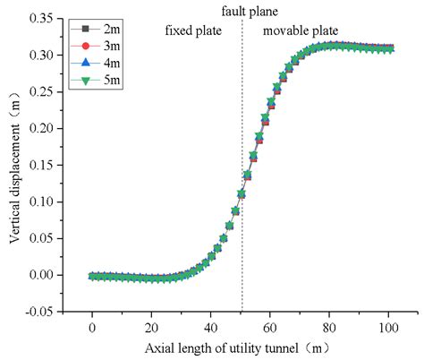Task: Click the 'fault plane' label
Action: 242,11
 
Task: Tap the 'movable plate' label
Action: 300,30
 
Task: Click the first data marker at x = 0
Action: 92,277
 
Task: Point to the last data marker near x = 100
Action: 391,48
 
